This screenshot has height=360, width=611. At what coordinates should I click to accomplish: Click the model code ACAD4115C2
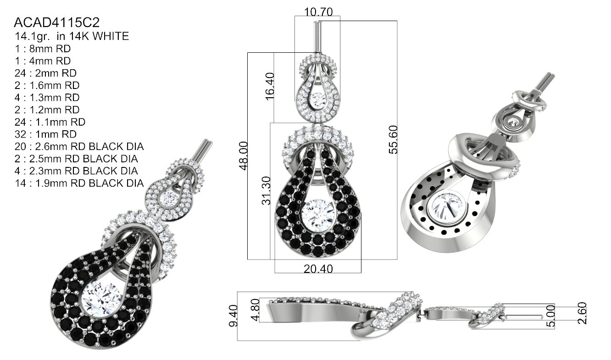57,22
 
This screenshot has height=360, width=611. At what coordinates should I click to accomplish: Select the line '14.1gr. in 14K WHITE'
72,36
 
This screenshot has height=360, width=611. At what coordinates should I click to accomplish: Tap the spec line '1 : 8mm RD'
43,49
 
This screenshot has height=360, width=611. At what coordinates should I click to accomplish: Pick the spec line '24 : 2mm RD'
46,73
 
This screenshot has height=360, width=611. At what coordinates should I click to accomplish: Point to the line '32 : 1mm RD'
46,134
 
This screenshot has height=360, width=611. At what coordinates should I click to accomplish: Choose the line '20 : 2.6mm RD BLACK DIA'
79,146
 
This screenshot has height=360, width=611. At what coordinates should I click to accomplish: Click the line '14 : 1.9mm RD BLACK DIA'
79,183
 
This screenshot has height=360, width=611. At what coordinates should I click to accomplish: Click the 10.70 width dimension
318,12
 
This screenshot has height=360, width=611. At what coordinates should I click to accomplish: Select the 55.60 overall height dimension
393,139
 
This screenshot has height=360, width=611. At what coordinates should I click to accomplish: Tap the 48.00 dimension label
244,156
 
